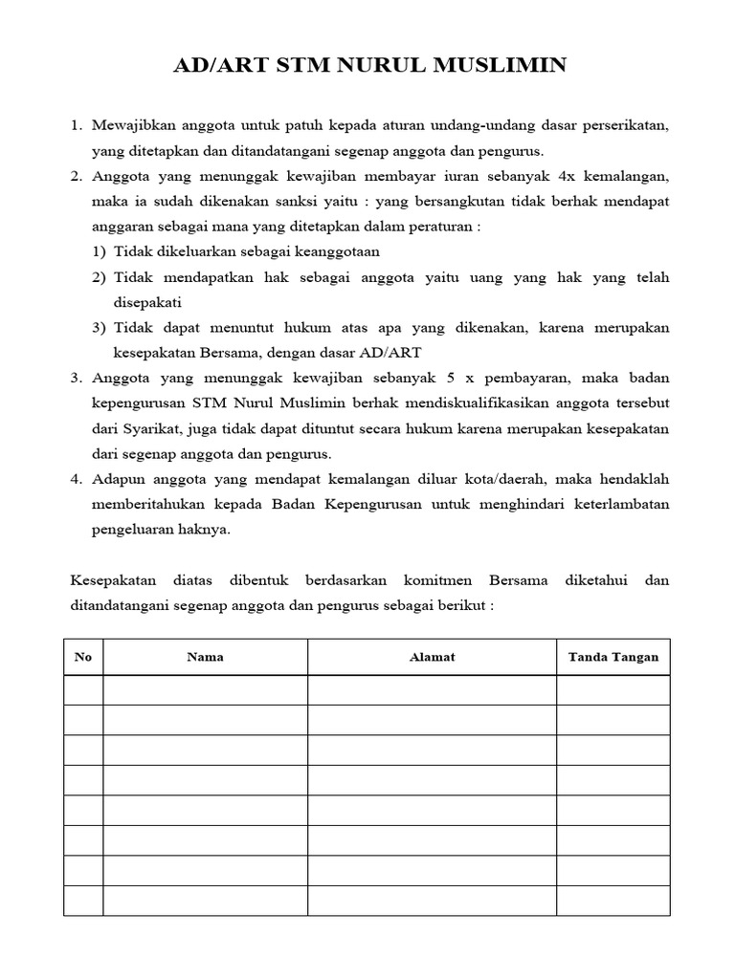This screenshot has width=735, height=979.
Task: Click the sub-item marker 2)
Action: (x=100, y=277)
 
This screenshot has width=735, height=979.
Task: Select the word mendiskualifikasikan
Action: (x=457, y=402)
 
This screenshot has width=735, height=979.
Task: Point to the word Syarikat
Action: (x=161, y=427)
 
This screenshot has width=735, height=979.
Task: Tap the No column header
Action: (x=83, y=658)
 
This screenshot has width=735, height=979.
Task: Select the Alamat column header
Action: (x=432, y=658)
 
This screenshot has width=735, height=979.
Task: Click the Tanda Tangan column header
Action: (x=612, y=658)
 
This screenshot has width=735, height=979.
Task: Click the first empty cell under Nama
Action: (x=205, y=690)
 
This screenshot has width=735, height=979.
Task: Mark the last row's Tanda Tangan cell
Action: (x=612, y=901)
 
